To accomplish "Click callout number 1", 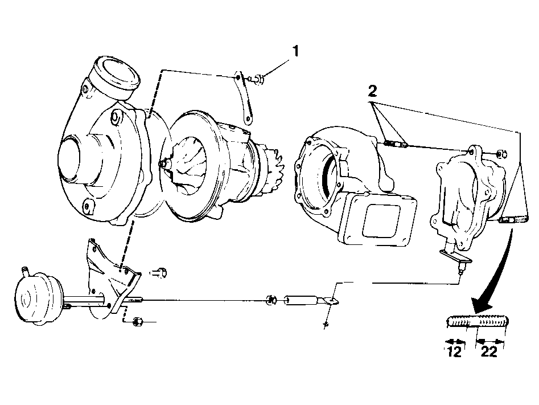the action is (295, 51).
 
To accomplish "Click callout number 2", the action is (372, 91).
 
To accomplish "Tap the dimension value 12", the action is (454, 351).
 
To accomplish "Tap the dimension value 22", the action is (489, 351).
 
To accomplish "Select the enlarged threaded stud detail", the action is (478, 322).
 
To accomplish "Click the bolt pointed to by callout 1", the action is (257, 80).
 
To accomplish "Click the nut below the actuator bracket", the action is (138, 322).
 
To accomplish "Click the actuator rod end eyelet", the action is (330, 301).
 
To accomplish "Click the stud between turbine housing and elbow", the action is (396, 144).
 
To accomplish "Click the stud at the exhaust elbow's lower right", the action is (513, 219).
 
